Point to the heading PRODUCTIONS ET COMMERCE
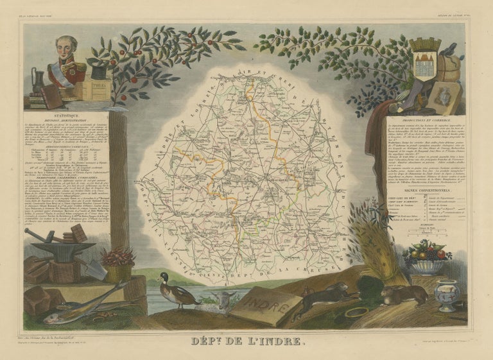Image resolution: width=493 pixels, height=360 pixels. [x=426, y=120]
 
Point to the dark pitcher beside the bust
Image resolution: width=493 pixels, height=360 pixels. [x=39, y=81]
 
